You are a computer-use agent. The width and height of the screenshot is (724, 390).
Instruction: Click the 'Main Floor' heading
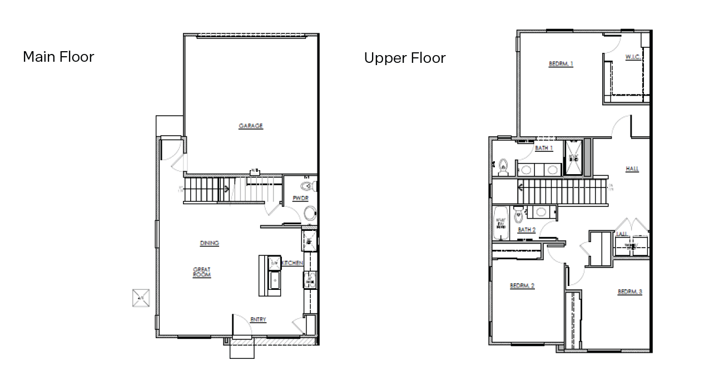(58, 57)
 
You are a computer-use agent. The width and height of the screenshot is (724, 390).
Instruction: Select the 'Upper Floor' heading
(404, 58)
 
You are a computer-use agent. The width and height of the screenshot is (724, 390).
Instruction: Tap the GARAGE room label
(250, 126)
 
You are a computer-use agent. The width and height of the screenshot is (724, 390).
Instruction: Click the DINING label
(209, 243)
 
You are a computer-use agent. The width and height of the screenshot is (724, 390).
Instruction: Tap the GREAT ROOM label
(201, 272)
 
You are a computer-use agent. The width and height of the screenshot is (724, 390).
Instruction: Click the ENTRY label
(258, 319)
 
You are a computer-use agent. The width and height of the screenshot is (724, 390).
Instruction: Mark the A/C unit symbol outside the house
(140, 298)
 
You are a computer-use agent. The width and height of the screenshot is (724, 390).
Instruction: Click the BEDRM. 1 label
(561, 64)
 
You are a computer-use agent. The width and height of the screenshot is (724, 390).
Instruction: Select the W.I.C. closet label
(633, 57)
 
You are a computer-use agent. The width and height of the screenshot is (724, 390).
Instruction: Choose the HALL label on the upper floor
(632, 169)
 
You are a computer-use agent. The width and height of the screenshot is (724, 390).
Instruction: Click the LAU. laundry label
(622, 234)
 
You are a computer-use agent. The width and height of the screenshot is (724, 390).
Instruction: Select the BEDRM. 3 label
(629, 292)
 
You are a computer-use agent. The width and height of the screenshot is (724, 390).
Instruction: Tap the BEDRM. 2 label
(522, 286)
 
